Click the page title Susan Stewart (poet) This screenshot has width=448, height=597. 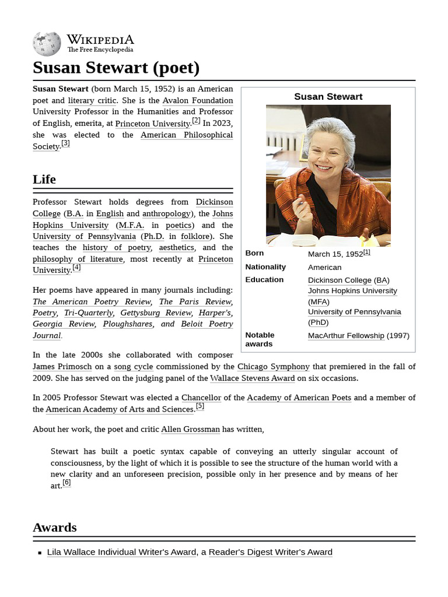tap(116, 68)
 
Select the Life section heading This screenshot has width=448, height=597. tap(44, 179)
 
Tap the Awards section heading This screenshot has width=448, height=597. tap(55, 527)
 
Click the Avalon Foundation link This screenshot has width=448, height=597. tap(197, 100)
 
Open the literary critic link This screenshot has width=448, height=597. tap(93, 100)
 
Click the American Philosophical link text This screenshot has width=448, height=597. tap(186, 135)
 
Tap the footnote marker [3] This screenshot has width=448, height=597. tap(65, 143)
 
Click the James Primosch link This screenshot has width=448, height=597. tap(60, 367)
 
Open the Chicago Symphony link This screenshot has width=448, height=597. tap(273, 367)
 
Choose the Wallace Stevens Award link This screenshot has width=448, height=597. tap(252, 378)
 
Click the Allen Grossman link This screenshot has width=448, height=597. tap(190, 429)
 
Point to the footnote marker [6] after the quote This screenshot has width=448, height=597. tap(66, 483)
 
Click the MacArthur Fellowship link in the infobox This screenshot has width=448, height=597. tap(346, 336)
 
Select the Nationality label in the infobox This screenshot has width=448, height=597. tap(265, 267)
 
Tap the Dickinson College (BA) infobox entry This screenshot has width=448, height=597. tap(348, 280)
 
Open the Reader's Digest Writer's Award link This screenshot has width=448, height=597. tap(270, 552)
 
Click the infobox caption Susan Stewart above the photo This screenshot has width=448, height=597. tap(328, 97)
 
